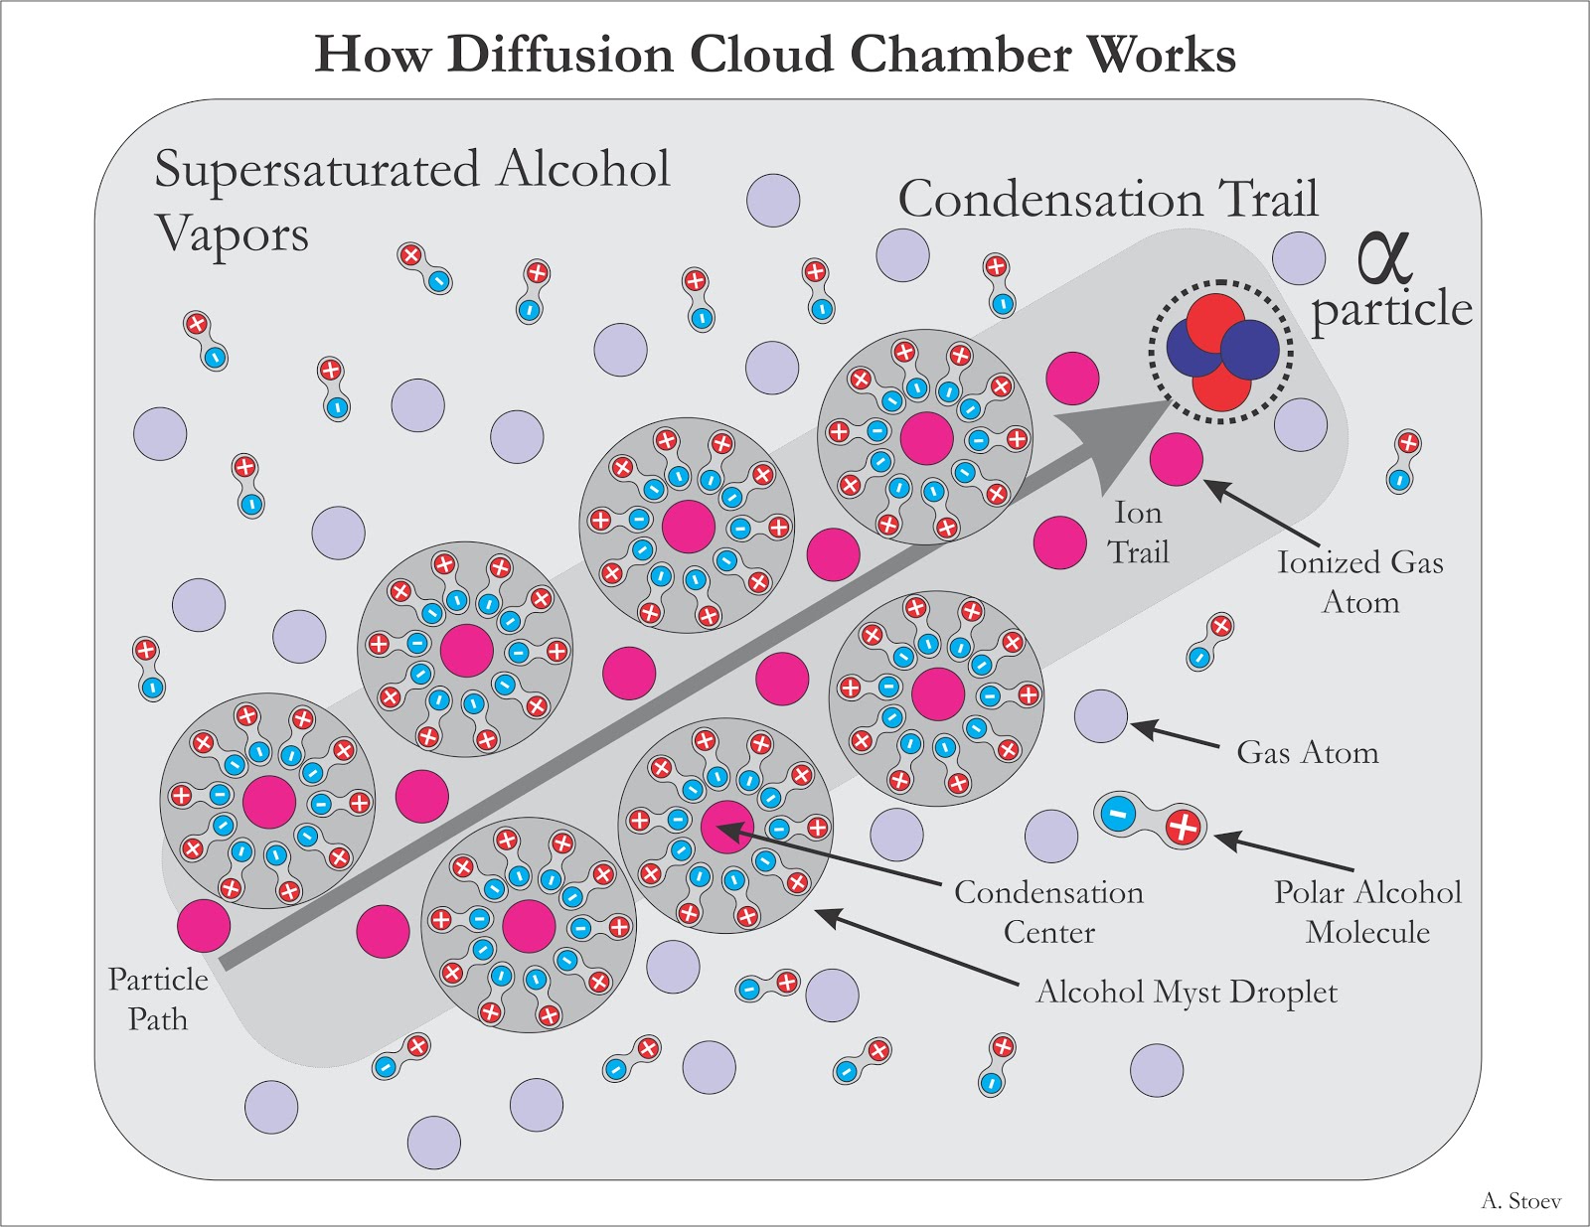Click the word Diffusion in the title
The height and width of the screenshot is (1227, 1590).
560,54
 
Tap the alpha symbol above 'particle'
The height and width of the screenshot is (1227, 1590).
1383,255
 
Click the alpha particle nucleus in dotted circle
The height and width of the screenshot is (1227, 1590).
1220,351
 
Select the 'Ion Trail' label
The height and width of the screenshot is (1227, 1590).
1138,532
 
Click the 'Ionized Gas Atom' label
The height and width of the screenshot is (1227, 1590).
1359,581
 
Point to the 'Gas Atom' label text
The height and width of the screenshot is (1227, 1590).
1307,752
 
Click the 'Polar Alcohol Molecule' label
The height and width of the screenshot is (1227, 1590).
1367,911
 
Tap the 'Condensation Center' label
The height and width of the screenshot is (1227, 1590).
1048,911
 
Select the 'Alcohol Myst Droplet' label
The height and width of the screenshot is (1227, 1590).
1187,992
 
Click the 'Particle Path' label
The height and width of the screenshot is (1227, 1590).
158,998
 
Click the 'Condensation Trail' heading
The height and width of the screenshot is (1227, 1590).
1108,199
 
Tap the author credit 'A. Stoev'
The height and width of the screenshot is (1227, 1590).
1520,1201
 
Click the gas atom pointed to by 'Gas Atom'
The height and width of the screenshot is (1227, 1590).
1101,715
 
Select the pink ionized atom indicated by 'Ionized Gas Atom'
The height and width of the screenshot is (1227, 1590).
1177,459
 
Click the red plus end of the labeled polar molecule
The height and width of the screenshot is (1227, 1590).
1183,827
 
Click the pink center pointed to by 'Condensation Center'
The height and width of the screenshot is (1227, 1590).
727,827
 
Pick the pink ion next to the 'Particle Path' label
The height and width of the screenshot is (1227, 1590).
204,926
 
